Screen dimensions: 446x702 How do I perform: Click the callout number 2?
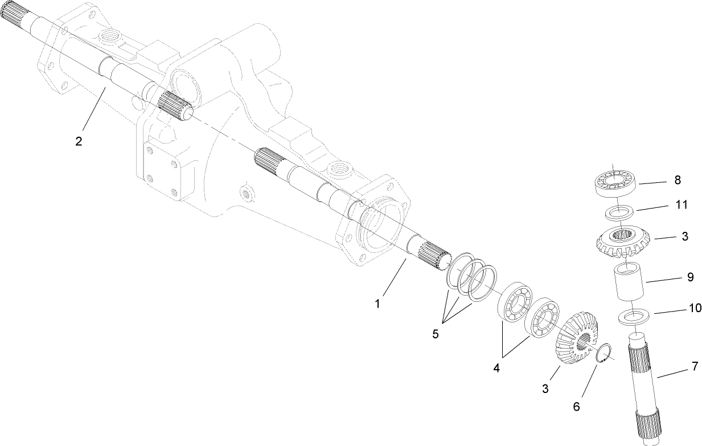coord(79,141)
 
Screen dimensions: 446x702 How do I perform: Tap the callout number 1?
coord(377,304)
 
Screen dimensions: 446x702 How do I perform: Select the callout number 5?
coord(436,334)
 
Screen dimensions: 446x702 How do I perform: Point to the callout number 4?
coord(496,368)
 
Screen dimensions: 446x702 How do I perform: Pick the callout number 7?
coord(695,366)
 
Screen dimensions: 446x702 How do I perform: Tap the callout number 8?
coord(677,180)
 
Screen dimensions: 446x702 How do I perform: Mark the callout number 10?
coord(695,308)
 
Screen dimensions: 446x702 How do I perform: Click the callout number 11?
coord(681,204)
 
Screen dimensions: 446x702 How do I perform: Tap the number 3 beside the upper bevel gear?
coord(685,236)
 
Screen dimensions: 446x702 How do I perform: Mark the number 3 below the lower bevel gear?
coord(545,389)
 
